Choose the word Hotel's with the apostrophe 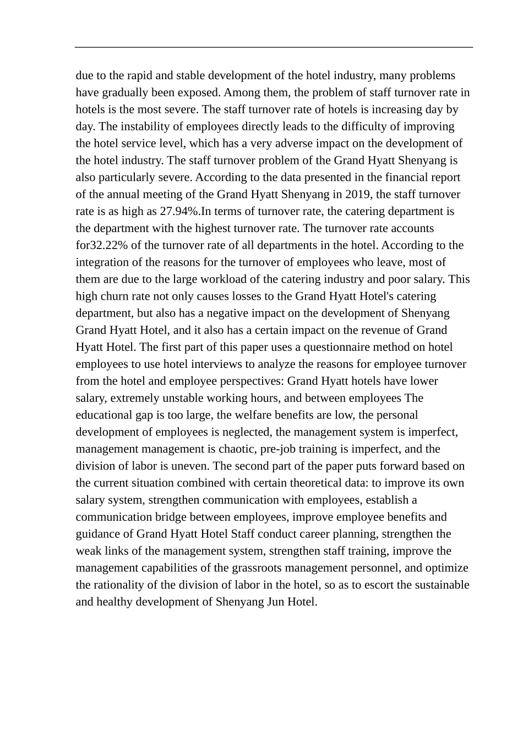[x=384, y=296]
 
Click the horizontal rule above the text [x=274, y=47]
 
